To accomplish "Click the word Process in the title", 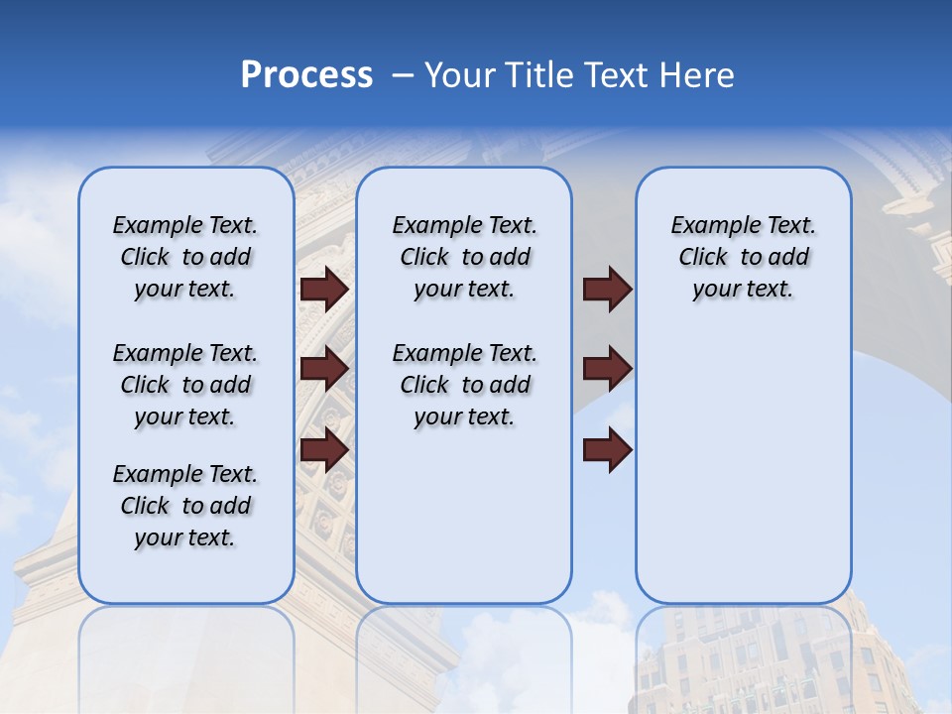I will [306, 75].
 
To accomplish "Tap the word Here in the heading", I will [698, 75].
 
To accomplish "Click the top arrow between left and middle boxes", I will [323, 290].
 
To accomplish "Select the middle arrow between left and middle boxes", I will [323, 369].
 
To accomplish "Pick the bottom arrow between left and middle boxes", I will [323, 450].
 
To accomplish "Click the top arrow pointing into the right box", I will [607, 290].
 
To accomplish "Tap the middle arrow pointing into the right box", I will [607, 369].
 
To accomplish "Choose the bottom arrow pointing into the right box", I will [607, 450].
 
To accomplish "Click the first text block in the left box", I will [185, 258].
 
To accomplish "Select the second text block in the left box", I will [185, 385].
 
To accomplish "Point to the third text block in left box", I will [185, 506].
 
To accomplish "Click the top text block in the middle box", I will [464, 258].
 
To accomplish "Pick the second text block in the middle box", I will [464, 385].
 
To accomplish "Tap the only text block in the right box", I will [743, 258].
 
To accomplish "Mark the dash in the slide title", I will [403, 76].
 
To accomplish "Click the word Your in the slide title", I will [458, 75].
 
